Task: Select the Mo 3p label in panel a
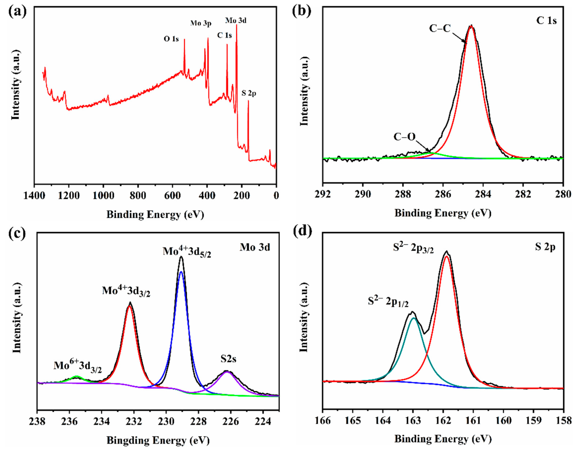[x=201, y=23]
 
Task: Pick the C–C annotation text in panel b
[x=440, y=28]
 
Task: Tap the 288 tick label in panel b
[x=403, y=194]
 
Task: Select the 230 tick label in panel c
[x=166, y=421]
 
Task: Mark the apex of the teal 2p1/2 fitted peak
[x=413, y=318]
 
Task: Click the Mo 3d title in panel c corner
[x=255, y=247]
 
